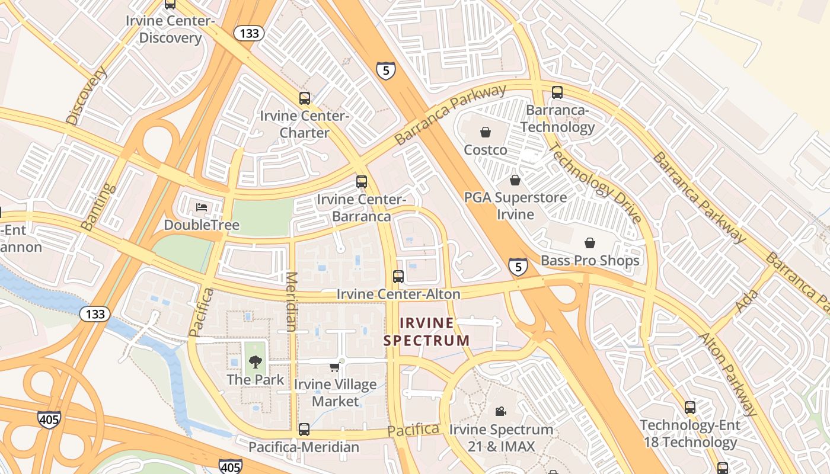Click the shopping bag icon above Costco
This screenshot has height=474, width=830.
click(x=486, y=132)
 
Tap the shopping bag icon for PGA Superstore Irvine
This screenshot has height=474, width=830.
click(x=515, y=180)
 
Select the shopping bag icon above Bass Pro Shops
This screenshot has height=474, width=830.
click(x=590, y=243)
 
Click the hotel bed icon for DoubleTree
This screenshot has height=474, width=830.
click(x=202, y=207)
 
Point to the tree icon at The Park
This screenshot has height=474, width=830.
click(x=256, y=361)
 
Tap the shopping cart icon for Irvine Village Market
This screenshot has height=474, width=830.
click(x=335, y=367)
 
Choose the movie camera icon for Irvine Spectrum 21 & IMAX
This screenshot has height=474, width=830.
click(x=501, y=411)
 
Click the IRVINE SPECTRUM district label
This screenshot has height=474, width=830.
click(x=427, y=332)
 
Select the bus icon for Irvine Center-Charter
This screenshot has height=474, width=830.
click(x=304, y=98)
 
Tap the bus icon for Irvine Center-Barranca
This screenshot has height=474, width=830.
click(x=361, y=182)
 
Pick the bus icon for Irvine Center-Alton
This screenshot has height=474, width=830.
click(x=398, y=277)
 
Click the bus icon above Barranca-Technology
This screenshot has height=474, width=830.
click(x=557, y=92)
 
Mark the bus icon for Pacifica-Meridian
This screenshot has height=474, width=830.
click(x=304, y=430)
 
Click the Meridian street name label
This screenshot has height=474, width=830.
click(x=291, y=301)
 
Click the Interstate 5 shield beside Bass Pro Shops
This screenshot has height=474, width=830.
click(x=518, y=267)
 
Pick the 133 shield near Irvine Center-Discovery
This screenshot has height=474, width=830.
click(x=249, y=33)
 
